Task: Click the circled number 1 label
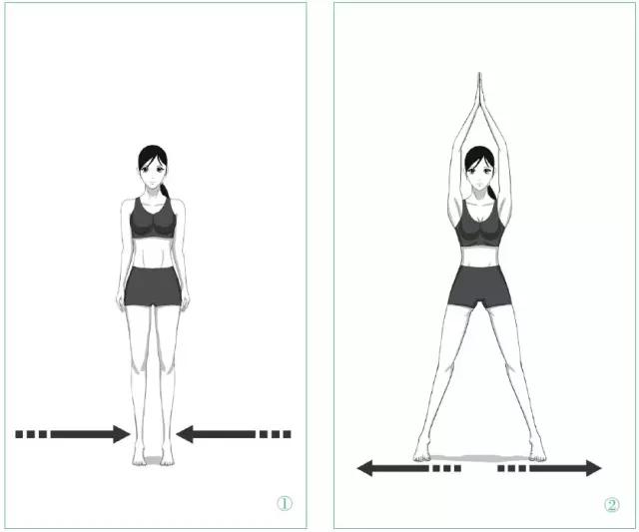pos(285,504)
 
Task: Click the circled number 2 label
pos(611,505)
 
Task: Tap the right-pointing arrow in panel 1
pos(73,434)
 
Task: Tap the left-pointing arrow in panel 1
pos(234,434)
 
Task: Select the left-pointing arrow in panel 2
pos(408,468)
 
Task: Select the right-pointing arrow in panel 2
pos(549,468)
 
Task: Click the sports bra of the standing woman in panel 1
pos(153,221)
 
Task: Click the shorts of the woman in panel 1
pos(153,286)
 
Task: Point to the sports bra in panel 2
pos(480,226)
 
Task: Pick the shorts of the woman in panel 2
pos(479,286)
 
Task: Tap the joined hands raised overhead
pos(479,94)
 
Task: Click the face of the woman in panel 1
pos(153,174)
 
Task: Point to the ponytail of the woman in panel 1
pos(164,191)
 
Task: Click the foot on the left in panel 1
pos(139,456)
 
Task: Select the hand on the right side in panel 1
pos(186,301)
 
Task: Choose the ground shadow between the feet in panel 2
pos(479,459)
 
